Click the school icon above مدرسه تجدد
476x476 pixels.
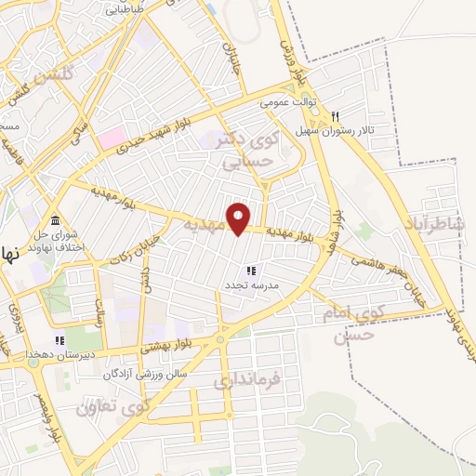pyautogui.click(x=251, y=270)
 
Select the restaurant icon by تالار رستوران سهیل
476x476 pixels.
pyautogui.click(x=335, y=117)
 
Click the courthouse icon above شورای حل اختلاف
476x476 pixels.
pyautogui.click(x=57, y=220)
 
